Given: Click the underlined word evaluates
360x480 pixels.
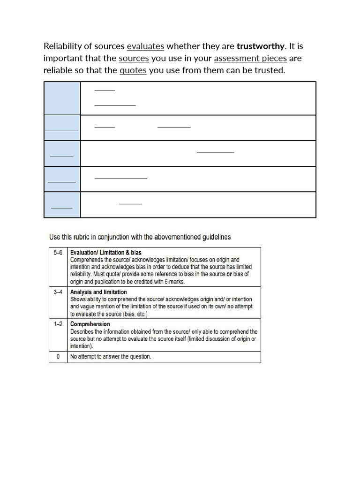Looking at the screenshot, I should click(x=145, y=46).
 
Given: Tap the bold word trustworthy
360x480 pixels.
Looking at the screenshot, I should click(x=260, y=46).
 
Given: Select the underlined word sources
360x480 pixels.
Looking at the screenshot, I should click(x=134, y=58).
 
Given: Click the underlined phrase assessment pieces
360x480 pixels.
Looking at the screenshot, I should click(x=250, y=58).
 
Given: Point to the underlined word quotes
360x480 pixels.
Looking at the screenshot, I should click(x=133, y=70).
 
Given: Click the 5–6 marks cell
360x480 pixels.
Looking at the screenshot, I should click(x=58, y=253).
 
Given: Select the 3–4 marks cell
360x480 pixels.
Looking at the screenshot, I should click(x=58, y=292).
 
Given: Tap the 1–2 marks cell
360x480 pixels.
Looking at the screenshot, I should click(x=58, y=324).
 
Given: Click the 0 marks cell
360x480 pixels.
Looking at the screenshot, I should click(x=58, y=357).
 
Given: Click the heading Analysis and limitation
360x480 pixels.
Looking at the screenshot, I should click(x=98, y=292).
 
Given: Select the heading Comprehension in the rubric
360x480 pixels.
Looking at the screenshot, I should click(x=90, y=324).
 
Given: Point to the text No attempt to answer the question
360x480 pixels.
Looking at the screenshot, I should click(x=111, y=357).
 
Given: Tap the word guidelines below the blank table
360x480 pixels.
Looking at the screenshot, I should click(x=215, y=237).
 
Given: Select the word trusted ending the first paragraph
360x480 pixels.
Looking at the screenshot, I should click(x=270, y=70).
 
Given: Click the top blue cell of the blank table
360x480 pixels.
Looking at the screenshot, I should click(x=62, y=98).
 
